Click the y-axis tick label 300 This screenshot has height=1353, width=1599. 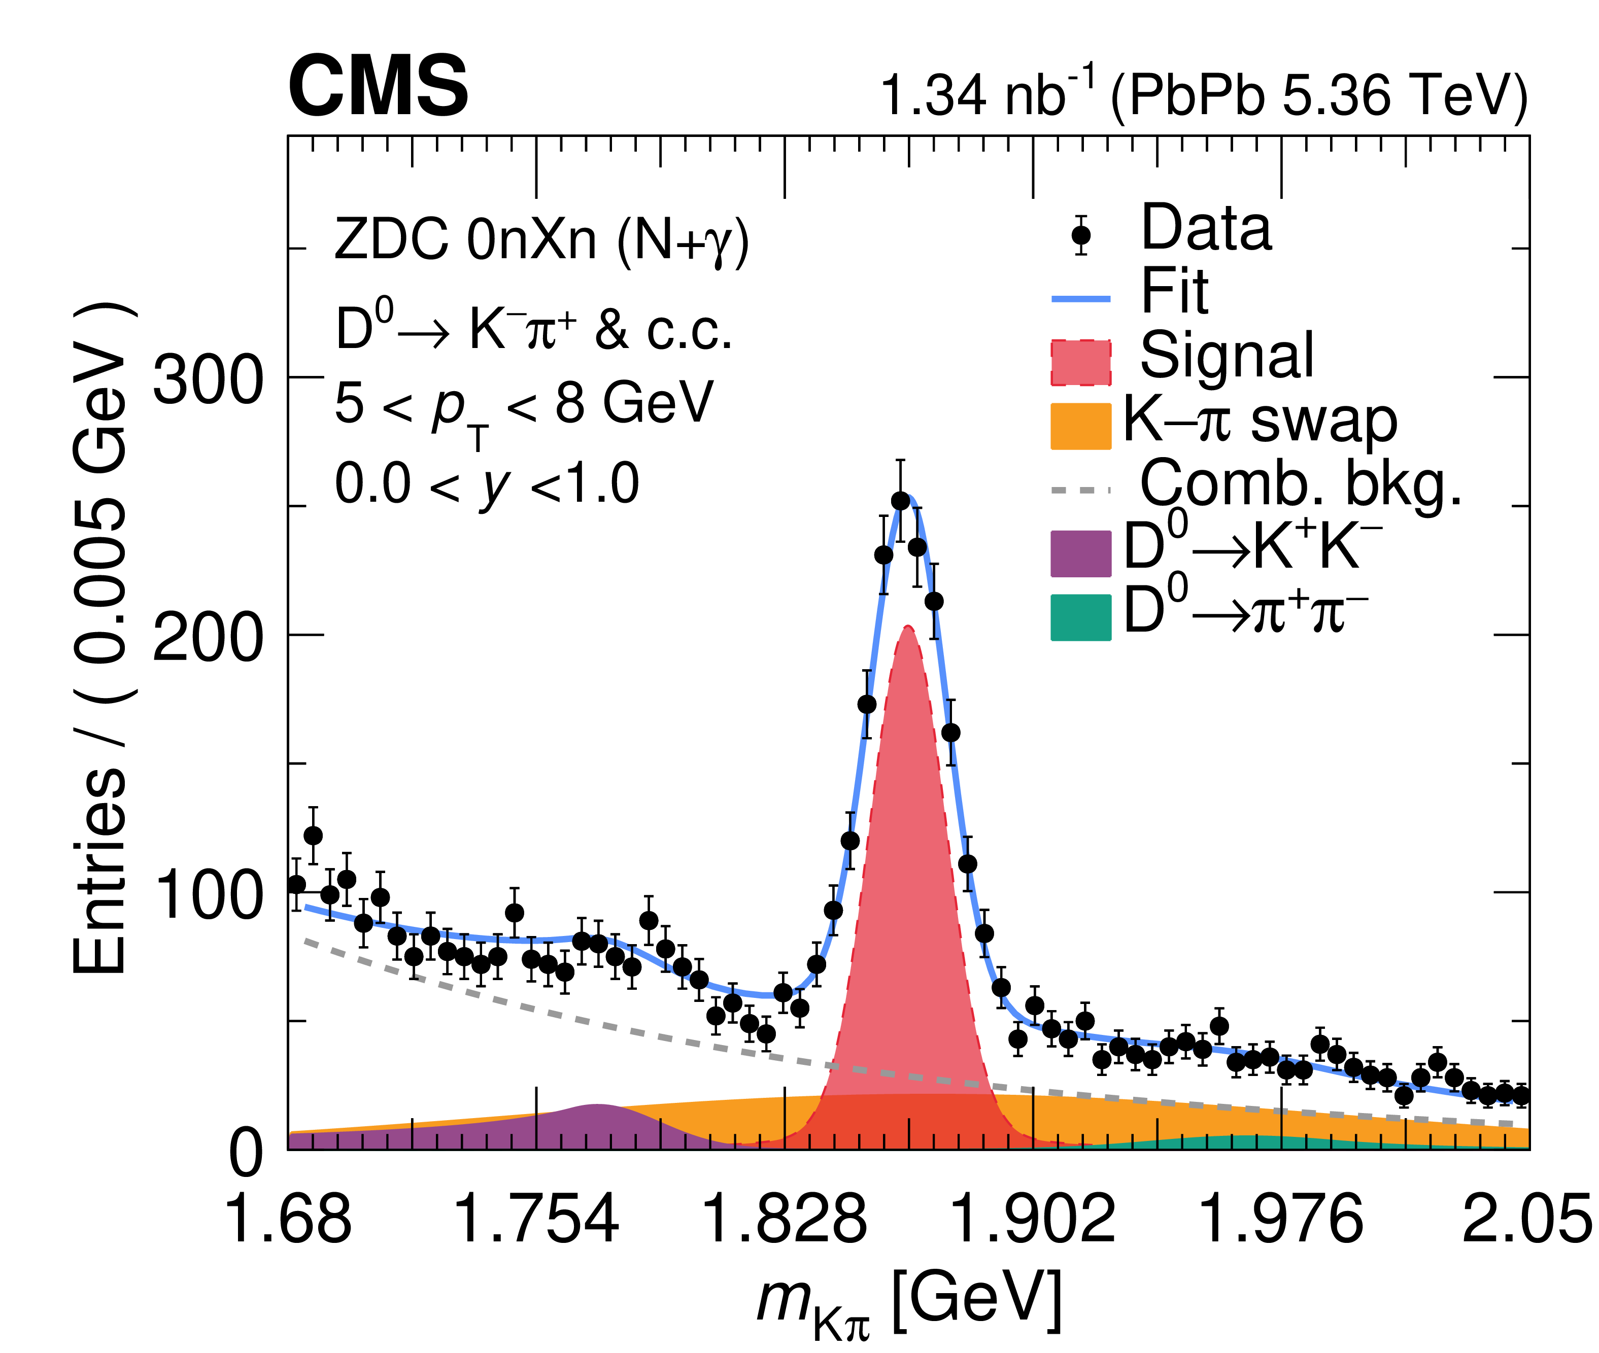tap(207, 380)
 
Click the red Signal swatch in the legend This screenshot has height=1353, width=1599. tap(1080, 362)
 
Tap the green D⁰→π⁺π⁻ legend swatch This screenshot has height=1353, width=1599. tap(1080, 617)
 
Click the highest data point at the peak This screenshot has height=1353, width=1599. tap(900, 501)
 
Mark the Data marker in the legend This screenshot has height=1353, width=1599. tap(1081, 235)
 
